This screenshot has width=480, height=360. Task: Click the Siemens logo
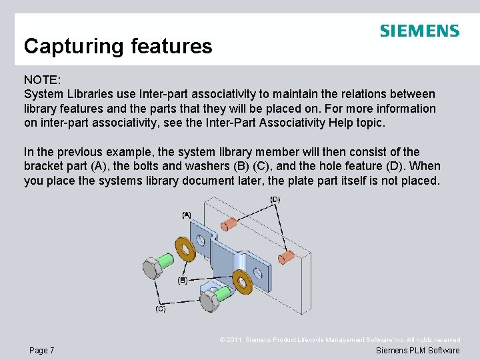pyautogui.click(x=419, y=31)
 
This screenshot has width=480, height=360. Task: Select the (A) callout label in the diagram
pyautogui.click(x=187, y=215)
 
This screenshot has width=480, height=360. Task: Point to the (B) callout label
pyautogui.click(x=182, y=281)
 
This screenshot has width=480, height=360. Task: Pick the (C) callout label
pyautogui.click(x=161, y=309)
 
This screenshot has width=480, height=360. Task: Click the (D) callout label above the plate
pyautogui.click(x=275, y=199)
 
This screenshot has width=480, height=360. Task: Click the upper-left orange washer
pyautogui.click(x=183, y=247)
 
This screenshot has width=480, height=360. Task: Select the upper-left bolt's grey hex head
pyautogui.click(x=149, y=269)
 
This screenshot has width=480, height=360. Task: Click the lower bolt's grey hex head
pyautogui.click(x=209, y=301)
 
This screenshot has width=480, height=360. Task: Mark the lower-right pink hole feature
pyautogui.click(x=287, y=255)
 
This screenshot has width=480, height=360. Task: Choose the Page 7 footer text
pyautogui.click(x=42, y=351)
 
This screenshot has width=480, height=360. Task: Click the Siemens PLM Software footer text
pyautogui.click(x=417, y=351)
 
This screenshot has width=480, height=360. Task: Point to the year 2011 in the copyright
pyautogui.click(x=237, y=340)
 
